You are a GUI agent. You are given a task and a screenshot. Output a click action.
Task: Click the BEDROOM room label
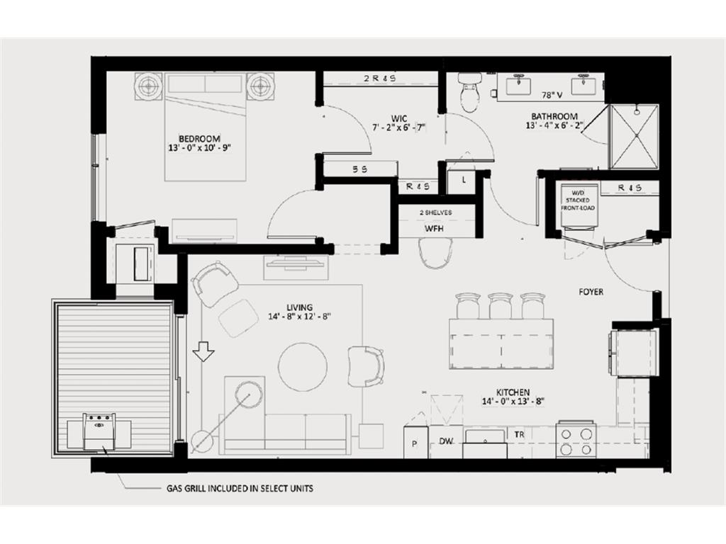[199, 138]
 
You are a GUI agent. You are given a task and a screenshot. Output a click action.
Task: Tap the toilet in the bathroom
[471, 93]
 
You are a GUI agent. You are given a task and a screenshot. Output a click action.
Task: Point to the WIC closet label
[398, 118]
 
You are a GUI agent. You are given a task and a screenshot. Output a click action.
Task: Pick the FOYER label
[591, 292]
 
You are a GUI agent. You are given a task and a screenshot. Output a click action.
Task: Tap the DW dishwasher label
[445, 441]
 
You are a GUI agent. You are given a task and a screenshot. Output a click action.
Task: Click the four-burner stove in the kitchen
[576, 439]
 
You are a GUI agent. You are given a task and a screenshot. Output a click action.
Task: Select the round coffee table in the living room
[303, 367]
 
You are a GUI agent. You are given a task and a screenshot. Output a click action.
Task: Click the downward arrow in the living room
[203, 351]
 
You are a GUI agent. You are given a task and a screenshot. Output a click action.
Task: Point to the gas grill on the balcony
[99, 432]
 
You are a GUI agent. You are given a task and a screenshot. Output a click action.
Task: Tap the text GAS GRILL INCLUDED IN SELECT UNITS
[240, 488]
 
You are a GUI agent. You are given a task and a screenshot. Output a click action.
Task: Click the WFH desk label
[434, 229]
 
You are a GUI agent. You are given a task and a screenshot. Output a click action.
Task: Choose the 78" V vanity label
[552, 96]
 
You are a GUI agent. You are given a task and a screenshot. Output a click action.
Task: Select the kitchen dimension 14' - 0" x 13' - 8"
[513, 402]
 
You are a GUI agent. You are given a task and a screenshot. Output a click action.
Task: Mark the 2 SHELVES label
[436, 212]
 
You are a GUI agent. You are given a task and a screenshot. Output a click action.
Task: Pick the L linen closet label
[464, 180]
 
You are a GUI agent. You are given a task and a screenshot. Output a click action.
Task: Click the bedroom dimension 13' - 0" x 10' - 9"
[199, 148]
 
